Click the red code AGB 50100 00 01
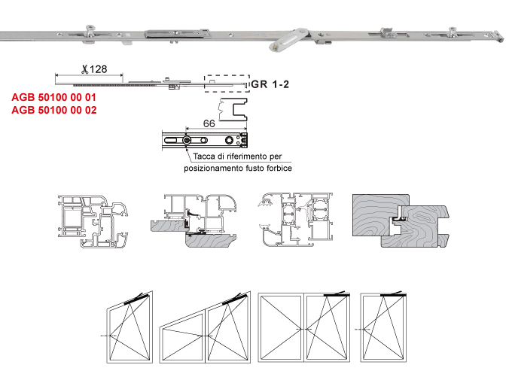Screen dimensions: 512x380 point(54,97)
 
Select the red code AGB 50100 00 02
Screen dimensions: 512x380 point(54,110)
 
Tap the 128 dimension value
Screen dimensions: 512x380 point(98,69)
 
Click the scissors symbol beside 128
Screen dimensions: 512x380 point(85,69)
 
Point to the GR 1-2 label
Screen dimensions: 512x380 point(270,84)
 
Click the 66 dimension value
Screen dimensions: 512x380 point(209,123)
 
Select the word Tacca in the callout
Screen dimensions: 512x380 point(204,157)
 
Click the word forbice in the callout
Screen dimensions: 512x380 point(279,168)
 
